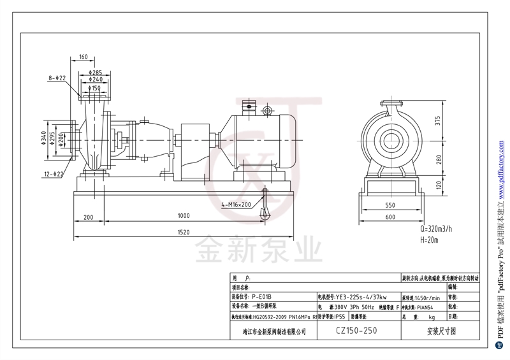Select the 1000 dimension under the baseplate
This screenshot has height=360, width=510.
(x=184, y=216)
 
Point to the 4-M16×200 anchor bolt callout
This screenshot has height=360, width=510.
(x=237, y=205)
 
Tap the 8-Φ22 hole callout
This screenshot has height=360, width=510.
(x=57, y=78)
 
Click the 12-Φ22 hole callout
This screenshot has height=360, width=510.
(x=55, y=174)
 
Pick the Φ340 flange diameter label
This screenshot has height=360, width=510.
(x=43, y=138)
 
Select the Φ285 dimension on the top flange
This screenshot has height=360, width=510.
(x=96, y=73)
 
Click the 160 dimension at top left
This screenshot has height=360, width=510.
(x=84, y=57)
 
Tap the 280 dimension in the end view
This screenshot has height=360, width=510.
(x=437, y=159)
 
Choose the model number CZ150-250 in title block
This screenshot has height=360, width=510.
(x=357, y=331)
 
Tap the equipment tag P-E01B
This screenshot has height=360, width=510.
(x=263, y=297)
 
